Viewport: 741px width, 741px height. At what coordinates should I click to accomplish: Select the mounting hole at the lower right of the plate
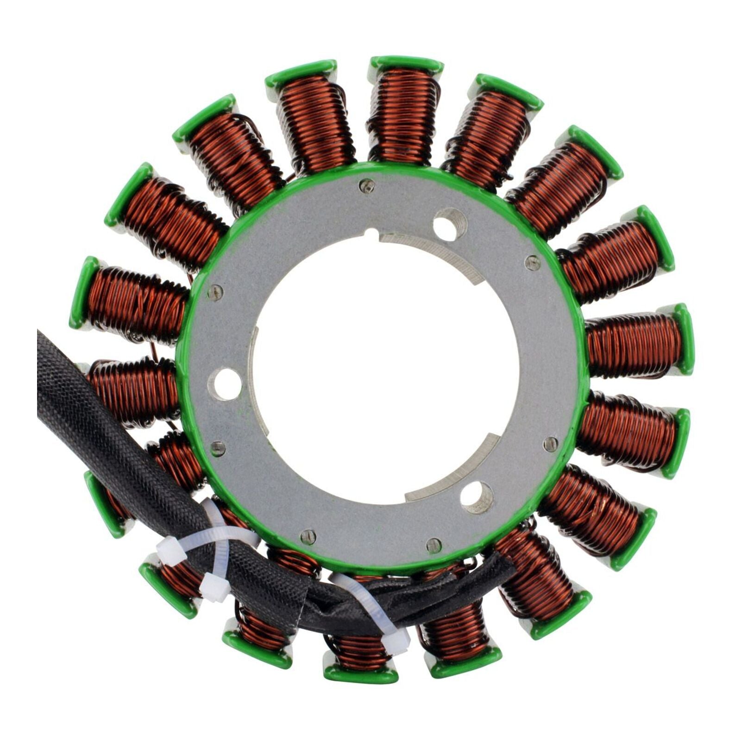476,497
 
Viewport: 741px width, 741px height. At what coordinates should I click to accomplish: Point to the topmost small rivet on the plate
367,186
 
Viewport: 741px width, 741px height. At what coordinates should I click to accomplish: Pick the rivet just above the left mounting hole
215,292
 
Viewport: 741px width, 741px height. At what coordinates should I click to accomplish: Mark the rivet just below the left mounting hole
217,448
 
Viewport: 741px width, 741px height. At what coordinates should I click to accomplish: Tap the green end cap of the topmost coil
407,64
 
